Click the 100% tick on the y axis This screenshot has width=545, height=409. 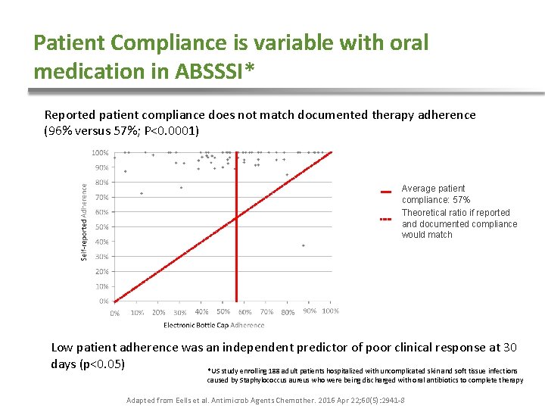(100, 152)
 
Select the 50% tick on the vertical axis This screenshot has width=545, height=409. (102, 226)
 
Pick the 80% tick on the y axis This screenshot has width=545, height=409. (102, 183)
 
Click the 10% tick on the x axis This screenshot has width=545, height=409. (137, 312)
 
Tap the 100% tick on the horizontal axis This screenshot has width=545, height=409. (330, 311)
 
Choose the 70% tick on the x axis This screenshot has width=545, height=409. (266, 311)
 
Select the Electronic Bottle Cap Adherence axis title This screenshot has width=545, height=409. (214, 326)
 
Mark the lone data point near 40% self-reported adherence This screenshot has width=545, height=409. (304, 245)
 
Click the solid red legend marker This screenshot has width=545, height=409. (385, 190)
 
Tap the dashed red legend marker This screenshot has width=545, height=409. (385, 220)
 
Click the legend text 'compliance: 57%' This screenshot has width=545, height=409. (436, 200)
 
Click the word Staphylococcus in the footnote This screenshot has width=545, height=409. (241, 380)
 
